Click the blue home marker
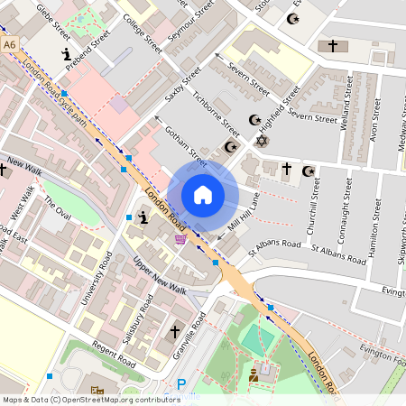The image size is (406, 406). [203, 194]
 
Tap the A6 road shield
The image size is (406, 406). [10, 43]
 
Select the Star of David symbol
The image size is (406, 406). [263, 141]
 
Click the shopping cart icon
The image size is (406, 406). [180, 239]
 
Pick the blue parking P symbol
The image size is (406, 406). [181, 384]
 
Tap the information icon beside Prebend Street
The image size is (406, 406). [68, 57]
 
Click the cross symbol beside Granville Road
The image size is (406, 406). [175, 332]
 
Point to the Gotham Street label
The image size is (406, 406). [184, 146]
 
